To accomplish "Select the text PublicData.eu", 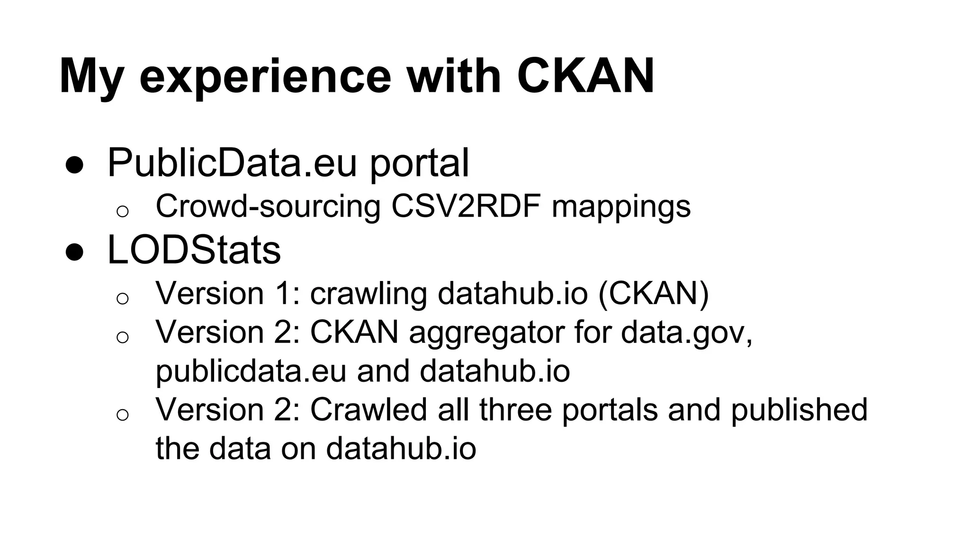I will pyautogui.click(x=232, y=163).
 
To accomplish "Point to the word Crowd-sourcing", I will pyautogui.click(x=268, y=206).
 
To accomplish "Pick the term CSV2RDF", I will pyautogui.click(x=466, y=206).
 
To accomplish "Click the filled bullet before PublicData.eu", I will pyautogui.click(x=75, y=165).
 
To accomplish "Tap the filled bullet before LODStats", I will pyautogui.click(x=75, y=252).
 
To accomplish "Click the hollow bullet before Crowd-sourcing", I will pyautogui.click(x=122, y=211).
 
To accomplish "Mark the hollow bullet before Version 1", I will pyautogui.click(x=122, y=299).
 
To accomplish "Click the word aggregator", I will pyautogui.click(x=486, y=333).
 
